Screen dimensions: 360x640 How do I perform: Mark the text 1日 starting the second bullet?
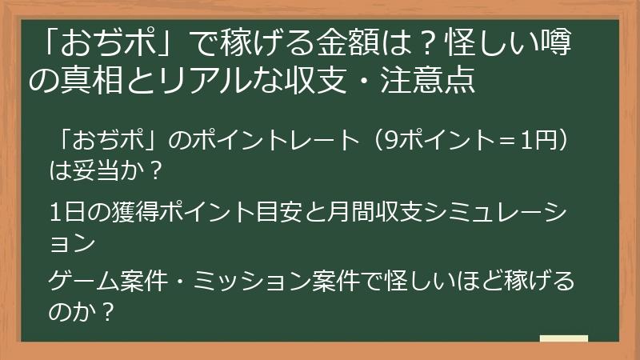[66, 210]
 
